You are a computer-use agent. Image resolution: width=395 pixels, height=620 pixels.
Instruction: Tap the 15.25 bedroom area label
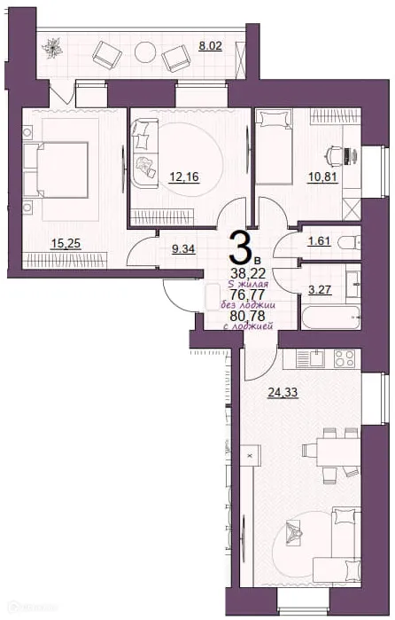point(62,241)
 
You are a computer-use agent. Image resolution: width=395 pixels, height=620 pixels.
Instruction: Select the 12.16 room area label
point(183,177)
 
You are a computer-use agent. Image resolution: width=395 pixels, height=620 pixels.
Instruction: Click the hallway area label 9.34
point(184,250)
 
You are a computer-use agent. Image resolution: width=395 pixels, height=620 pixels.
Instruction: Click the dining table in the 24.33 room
point(330,449)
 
